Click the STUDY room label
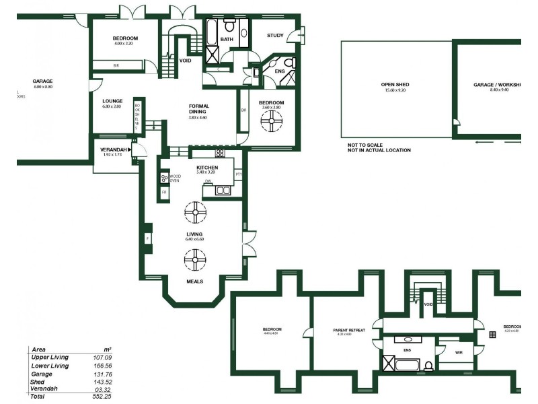tap(275, 36)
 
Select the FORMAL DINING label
tap(199, 108)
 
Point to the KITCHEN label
tap(207, 167)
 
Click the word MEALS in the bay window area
tap(194, 281)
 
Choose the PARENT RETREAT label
tap(349, 330)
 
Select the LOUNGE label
tap(112, 101)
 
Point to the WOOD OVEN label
tap(174, 178)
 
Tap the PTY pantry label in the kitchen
tap(238, 175)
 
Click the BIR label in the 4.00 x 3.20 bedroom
tap(116, 65)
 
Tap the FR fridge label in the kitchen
tap(164, 193)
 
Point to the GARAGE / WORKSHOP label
tap(497, 85)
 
